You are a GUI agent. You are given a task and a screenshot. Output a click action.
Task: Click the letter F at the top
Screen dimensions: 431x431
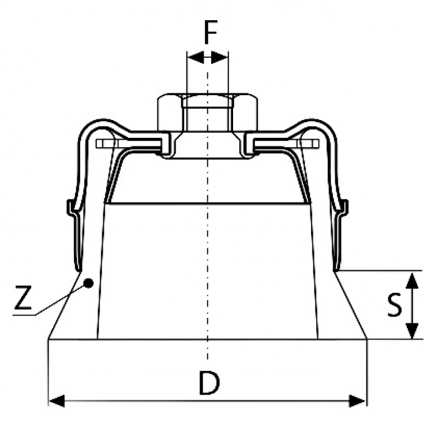pyautogui.click(x=211, y=32)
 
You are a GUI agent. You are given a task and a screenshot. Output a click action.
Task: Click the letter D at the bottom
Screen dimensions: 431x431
pyautogui.click(x=209, y=383)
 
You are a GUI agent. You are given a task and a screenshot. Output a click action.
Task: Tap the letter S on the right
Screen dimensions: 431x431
pyautogui.click(x=394, y=305)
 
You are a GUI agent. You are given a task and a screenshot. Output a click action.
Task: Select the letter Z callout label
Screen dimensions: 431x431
pyautogui.click(x=23, y=297)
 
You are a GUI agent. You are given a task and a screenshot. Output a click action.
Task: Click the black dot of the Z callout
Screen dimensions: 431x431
pyautogui.click(x=88, y=283)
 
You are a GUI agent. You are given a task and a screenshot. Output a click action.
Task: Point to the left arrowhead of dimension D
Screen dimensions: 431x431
pyautogui.click(x=57, y=401)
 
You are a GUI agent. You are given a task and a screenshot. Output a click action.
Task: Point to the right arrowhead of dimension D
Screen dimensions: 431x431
pyautogui.click(x=357, y=401)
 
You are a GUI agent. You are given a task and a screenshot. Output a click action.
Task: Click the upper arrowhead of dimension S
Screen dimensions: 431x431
pyautogui.click(x=412, y=280)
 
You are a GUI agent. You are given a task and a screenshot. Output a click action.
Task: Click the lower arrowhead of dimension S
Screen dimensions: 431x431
pyautogui.click(x=412, y=331)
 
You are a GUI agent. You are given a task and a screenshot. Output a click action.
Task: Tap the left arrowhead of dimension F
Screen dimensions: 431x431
pyautogui.click(x=196, y=58)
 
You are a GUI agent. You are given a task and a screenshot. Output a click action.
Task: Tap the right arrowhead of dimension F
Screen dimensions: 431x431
pyautogui.click(x=220, y=58)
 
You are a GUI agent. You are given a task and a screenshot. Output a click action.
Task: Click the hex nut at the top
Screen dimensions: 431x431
pyautogui.click(x=208, y=113)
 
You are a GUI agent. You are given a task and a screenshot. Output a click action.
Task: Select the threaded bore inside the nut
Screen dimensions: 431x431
pyautogui.click(x=208, y=113)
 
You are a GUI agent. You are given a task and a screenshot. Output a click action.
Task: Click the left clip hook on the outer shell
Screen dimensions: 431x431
pyautogui.click(x=72, y=208)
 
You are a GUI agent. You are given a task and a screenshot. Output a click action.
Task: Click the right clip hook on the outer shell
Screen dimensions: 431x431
pyautogui.click(x=344, y=208)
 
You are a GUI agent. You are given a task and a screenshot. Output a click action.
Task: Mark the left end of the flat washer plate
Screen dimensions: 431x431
pyautogui.click(x=96, y=144)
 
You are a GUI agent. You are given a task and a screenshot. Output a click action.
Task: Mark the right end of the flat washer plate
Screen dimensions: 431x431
pyautogui.click(x=318, y=144)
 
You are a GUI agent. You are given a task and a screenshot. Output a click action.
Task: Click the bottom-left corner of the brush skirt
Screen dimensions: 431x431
pyautogui.click(x=48, y=339)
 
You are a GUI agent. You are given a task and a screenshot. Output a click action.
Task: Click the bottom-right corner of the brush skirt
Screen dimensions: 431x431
pyautogui.click(x=367, y=339)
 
